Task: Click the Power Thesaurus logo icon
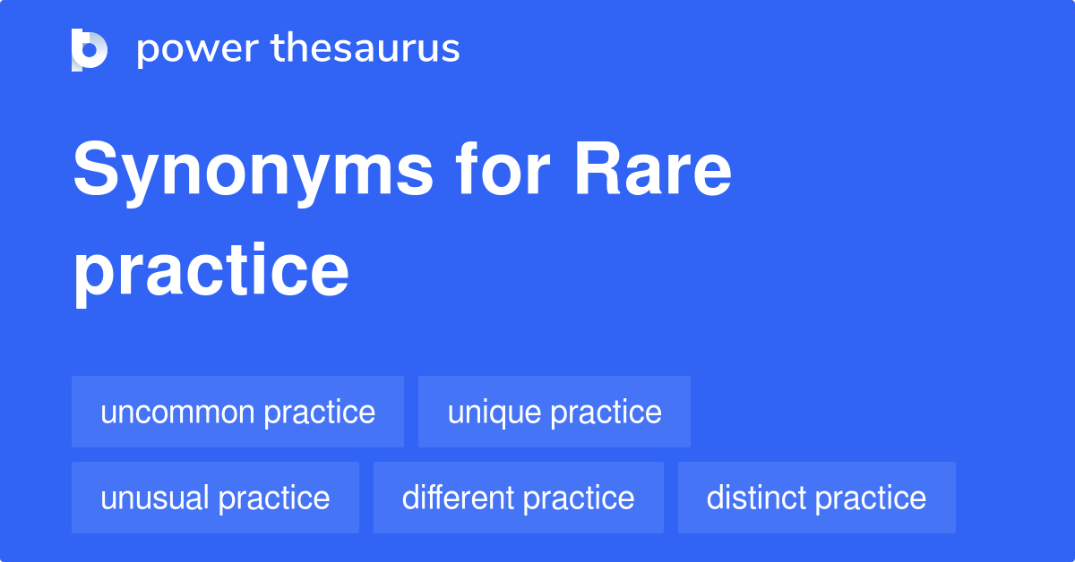(x=90, y=49)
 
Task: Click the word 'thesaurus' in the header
(x=365, y=49)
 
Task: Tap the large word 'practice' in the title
(x=211, y=272)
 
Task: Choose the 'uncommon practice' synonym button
(x=237, y=412)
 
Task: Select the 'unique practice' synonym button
(x=555, y=412)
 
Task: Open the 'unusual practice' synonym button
(x=215, y=498)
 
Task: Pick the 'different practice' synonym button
(x=518, y=498)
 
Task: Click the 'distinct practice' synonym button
(x=816, y=498)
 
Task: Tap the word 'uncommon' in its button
(x=177, y=413)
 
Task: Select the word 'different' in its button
(x=457, y=498)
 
